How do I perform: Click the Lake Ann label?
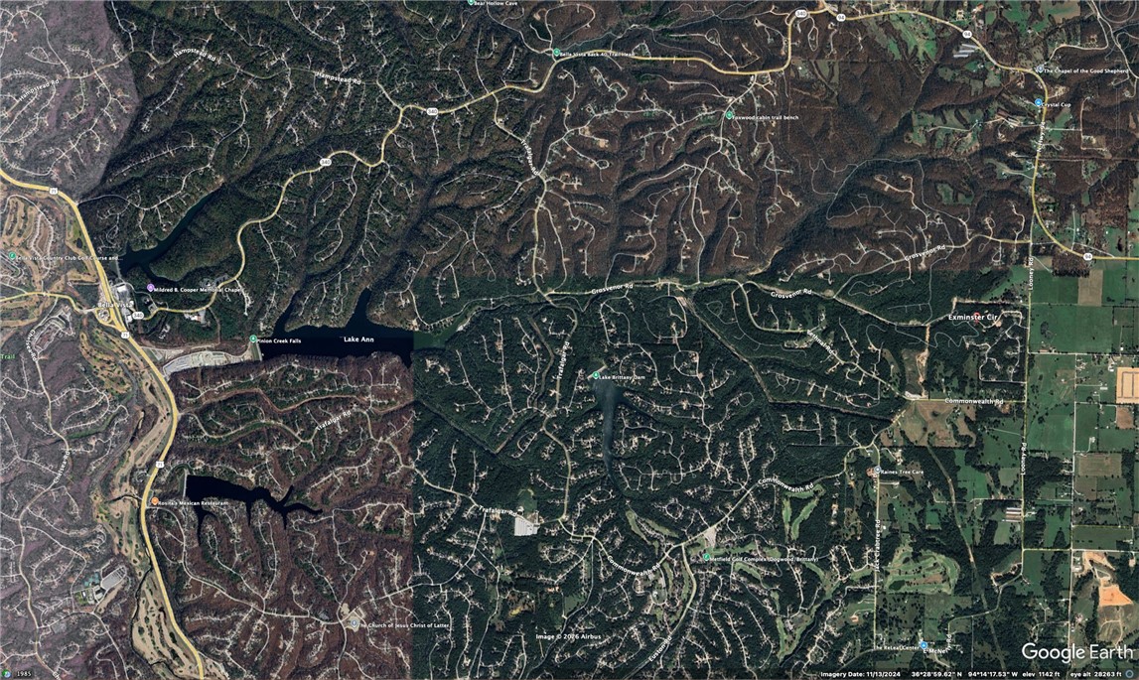point(358,340)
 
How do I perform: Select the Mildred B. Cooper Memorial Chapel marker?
point(150,288)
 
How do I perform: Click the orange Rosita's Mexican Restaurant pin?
point(154,502)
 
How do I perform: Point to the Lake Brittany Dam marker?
point(596,375)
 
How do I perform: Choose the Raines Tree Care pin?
point(874,472)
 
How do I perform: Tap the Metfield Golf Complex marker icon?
point(706,558)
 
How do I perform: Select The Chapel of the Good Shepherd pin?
point(1039,69)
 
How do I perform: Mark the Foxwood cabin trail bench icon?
point(729,116)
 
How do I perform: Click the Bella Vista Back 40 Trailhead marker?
point(555,53)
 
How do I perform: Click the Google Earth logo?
point(1076,652)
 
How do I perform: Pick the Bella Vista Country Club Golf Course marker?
point(12,256)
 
